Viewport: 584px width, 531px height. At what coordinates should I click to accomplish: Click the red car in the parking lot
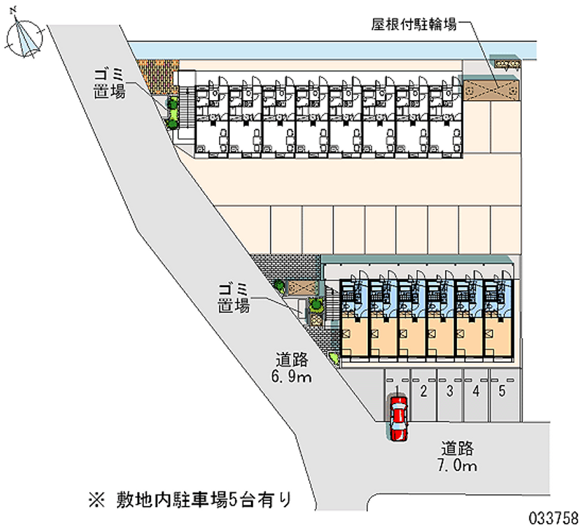click(x=398, y=419)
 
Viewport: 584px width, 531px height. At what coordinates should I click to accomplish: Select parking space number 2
click(x=423, y=391)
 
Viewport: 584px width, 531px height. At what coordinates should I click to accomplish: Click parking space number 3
click(x=450, y=391)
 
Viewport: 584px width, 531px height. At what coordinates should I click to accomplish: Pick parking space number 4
click(x=476, y=391)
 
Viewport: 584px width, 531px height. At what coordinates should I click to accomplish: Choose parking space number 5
click(x=502, y=391)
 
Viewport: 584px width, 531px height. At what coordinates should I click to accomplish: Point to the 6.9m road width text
click(x=293, y=377)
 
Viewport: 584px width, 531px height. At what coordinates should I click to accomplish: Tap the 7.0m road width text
click(x=458, y=465)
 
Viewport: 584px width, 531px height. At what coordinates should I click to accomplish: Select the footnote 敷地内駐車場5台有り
click(x=200, y=500)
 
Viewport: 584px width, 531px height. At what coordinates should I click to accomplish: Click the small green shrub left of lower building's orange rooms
click(x=333, y=358)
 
